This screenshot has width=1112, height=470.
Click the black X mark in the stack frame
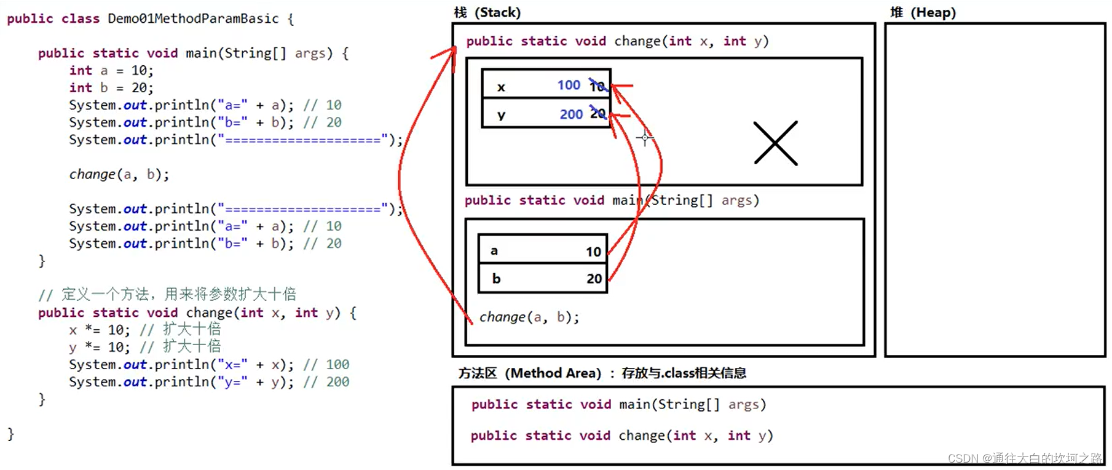pyautogui.click(x=775, y=143)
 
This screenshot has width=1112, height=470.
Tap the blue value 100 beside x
pyautogui.click(x=569, y=85)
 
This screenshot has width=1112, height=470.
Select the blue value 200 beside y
pyautogui.click(x=571, y=114)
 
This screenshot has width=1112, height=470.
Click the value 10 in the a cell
pyautogui.click(x=593, y=252)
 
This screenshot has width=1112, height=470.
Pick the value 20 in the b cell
pyautogui.click(x=594, y=279)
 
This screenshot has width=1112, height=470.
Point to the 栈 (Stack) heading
pyautogui.click(x=487, y=12)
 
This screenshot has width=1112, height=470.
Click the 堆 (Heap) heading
pyautogui.click(x=923, y=12)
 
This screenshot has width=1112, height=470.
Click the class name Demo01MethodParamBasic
pyautogui.click(x=193, y=18)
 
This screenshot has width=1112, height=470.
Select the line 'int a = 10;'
pyautogui.click(x=111, y=70)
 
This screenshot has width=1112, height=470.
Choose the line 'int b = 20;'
pyautogui.click(x=111, y=87)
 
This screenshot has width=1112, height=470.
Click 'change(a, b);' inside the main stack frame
pyautogui.click(x=529, y=317)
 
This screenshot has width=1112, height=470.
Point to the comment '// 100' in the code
pyautogui.click(x=326, y=364)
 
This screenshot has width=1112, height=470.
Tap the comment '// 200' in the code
pyautogui.click(x=326, y=381)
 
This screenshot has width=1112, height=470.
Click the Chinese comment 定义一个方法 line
pyautogui.click(x=167, y=294)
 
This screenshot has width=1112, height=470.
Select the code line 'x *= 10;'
pyautogui.click(x=99, y=330)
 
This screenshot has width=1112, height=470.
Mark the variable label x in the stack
pyautogui.click(x=501, y=87)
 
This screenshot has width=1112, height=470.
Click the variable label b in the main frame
pyautogui.click(x=496, y=279)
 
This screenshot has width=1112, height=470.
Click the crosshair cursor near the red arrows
pyautogui.click(x=645, y=138)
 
